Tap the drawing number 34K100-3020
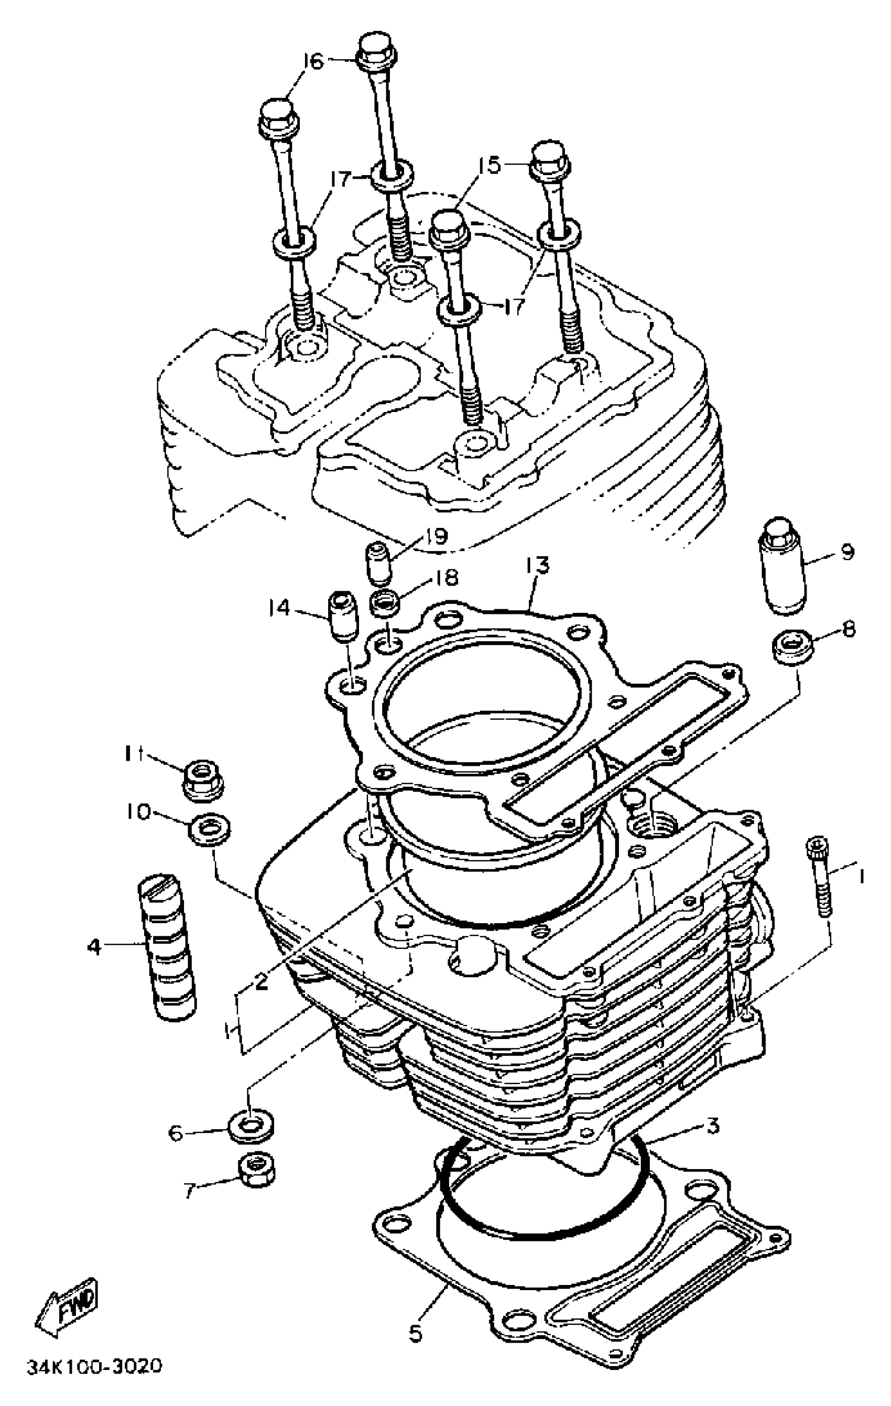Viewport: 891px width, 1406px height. coord(94,1367)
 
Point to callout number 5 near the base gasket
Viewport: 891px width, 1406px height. coord(415,1317)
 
